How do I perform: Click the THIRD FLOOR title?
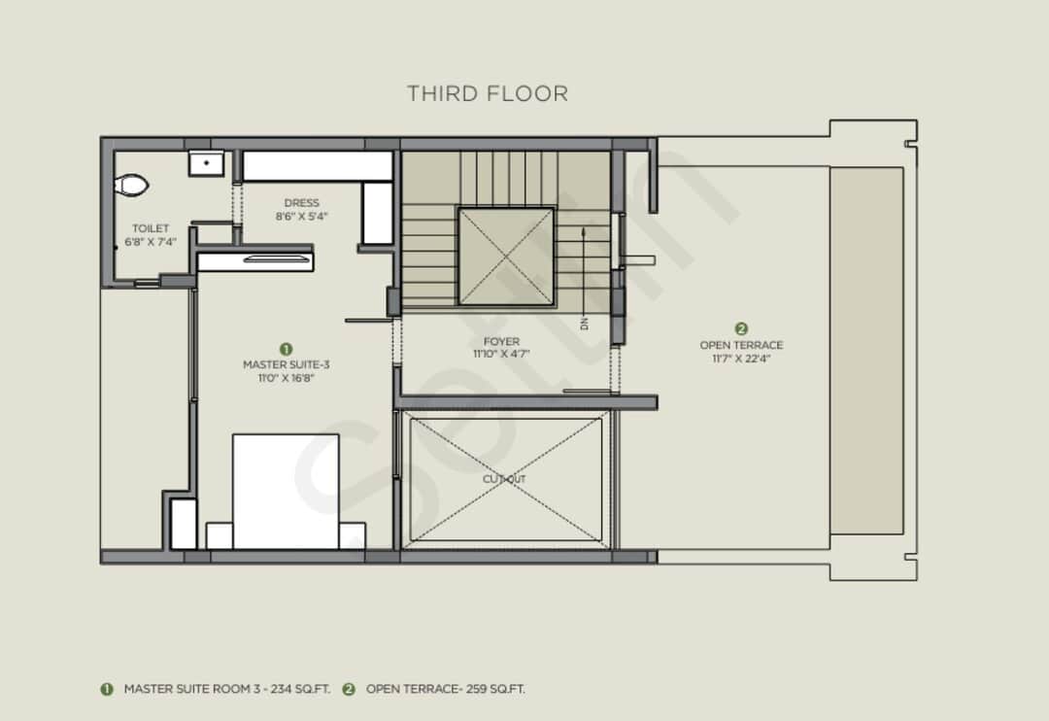(487, 93)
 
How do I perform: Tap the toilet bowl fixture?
(130, 185)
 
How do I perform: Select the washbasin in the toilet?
(206, 162)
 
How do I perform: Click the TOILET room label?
(151, 228)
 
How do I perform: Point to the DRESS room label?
(301, 203)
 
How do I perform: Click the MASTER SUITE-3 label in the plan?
(286, 364)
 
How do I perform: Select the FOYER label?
(501, 341)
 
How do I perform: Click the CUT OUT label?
(505, 479)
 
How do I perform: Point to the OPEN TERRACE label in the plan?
(741, 345)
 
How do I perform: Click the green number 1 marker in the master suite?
(286, 348)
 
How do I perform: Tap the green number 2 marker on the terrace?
(741, 329)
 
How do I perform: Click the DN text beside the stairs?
(585, 323)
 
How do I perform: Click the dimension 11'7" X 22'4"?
(741, 359)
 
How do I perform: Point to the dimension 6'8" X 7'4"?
(151, 242)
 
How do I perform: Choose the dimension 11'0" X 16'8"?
(286, 378)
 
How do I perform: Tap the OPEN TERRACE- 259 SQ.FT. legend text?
(445, 689)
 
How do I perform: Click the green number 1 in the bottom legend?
(107, 689)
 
